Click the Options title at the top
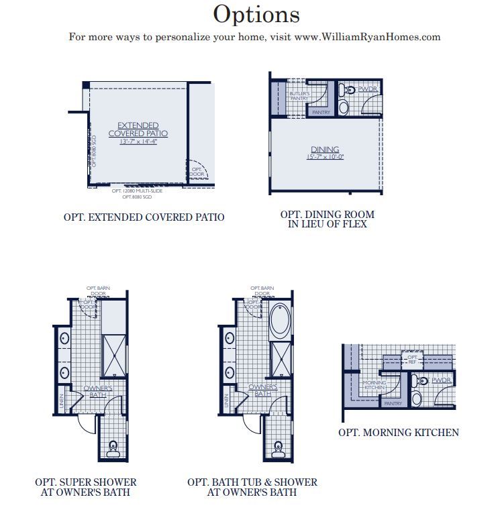tap(256, 13)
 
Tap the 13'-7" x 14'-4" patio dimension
tap(138, 142)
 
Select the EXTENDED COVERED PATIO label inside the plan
tap(138, 129)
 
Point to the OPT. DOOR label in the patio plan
tap(197, 172)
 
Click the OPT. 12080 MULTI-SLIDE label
tap(137, 191)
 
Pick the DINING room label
tap(325, 149)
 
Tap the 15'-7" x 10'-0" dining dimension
tap(325, 157)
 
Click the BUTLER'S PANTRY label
tap(299, 95)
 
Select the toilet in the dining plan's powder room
tap(344, 89)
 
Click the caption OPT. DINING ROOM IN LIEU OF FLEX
tap(328, 219)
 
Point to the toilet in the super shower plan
tap(113, 448)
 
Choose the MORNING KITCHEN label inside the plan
tap(375, 385)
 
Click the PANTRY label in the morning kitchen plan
tap(393, 403)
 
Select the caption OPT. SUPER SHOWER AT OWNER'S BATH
tap(86, 487)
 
